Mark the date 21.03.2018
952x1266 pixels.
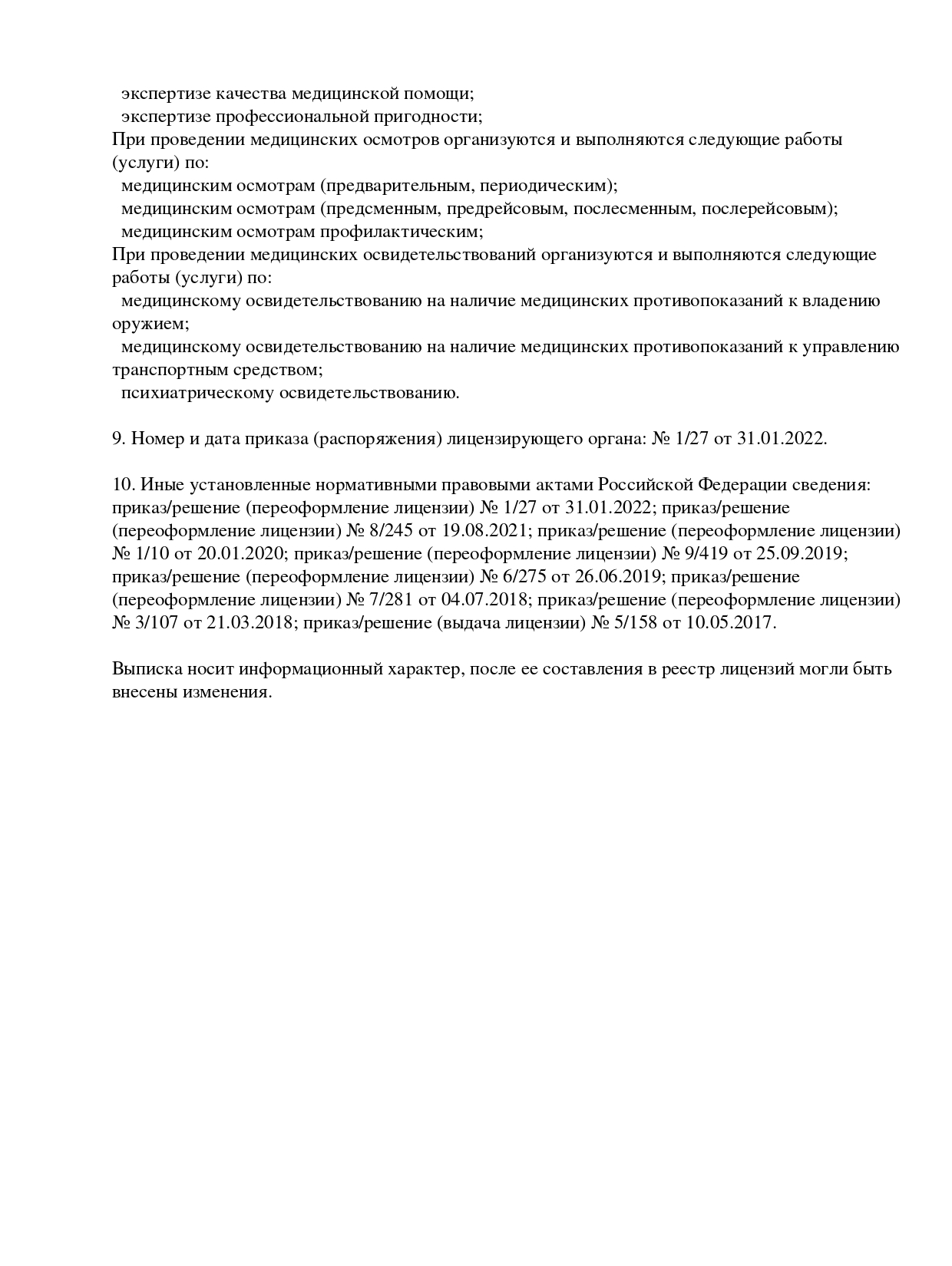(249, 623)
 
